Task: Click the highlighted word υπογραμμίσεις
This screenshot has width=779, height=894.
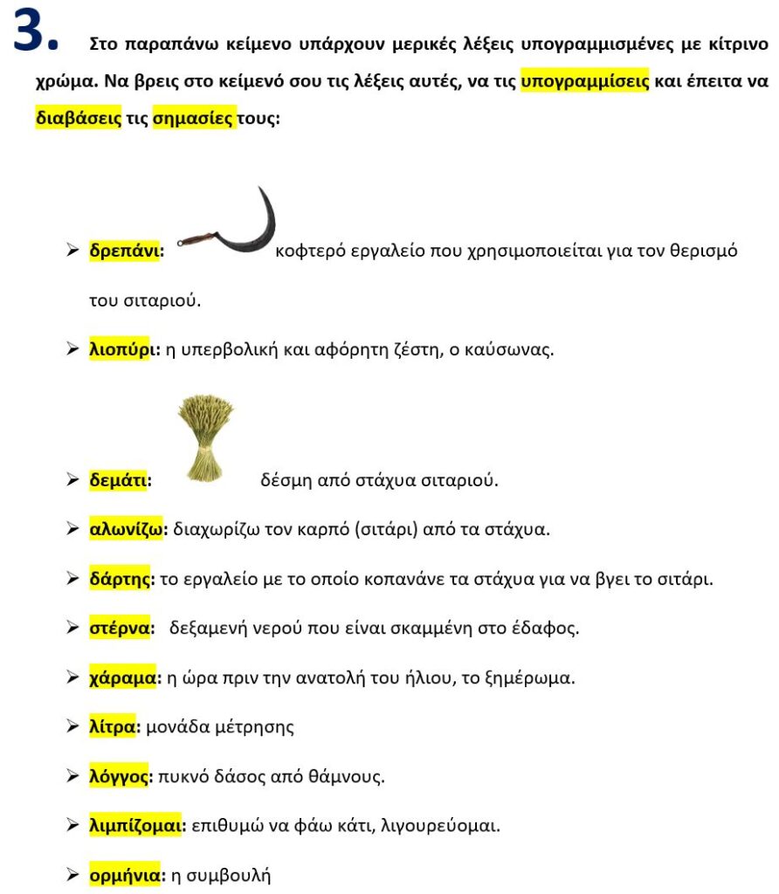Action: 584,81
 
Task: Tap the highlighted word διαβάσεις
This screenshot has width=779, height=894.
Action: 78,118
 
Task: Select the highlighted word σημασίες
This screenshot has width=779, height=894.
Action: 193,118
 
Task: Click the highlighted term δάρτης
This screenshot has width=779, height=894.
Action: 121,578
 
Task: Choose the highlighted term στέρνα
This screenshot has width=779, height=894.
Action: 119,628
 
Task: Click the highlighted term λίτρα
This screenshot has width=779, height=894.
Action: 114,726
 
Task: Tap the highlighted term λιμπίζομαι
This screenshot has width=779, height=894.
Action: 135,825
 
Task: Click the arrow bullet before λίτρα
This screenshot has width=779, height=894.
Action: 72,726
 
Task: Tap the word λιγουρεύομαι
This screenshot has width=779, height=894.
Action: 440,825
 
